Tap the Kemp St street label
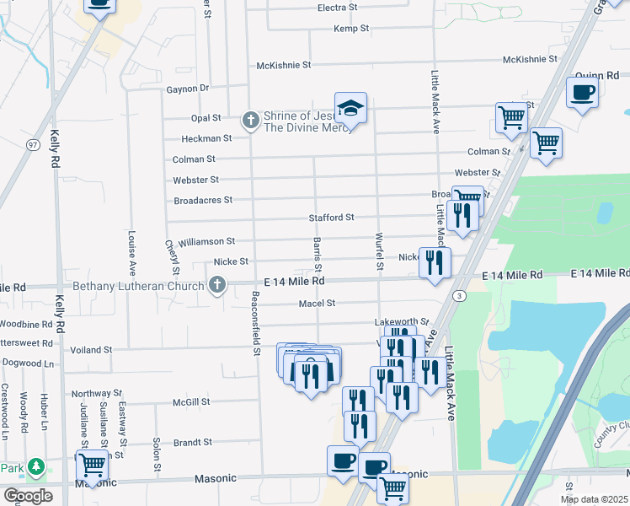pyautogui.click(x=351, y=29)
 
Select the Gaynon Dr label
pyautogui.click(x=187, y=88)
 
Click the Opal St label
pyautogui.click(x=206, y=119)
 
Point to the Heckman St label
pyautogui.click(x=206, y=138)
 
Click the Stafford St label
pyautogui.click(x=331, y=218)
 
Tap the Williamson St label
pyautogui.click(x=206, y=241)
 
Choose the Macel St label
pyautogui.click(x=318, y=303)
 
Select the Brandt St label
pyautogui.click(x=193, y=442)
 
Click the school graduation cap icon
pyautogui.click(x=350, y=108)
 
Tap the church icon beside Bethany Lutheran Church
pyautogui.click(x=217, y=284)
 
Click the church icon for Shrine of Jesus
pyautogui.click(x=249, y=121)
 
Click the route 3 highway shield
pyautogui.click(x=458, y=295)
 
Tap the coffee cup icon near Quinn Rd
pyautogui.click(x=582, y=92)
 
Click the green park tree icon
pyautogui.click(x=35, y=466)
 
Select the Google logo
pyautogui.click(x=27, y=496)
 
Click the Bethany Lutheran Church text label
pyautogui.click(x=140, y=287)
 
